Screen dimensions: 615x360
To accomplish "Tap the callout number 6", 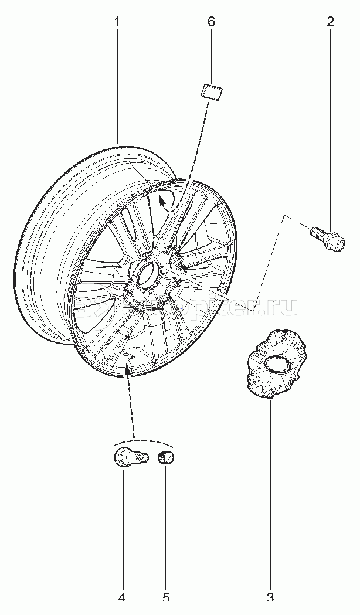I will pos(211,22).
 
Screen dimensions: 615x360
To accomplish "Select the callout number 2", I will pos(330,22).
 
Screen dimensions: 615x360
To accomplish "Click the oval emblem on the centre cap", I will pos(273,365).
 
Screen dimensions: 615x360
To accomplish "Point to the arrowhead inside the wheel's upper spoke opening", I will pos(162,203).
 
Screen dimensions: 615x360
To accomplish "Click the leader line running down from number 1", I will pos(117,88).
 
